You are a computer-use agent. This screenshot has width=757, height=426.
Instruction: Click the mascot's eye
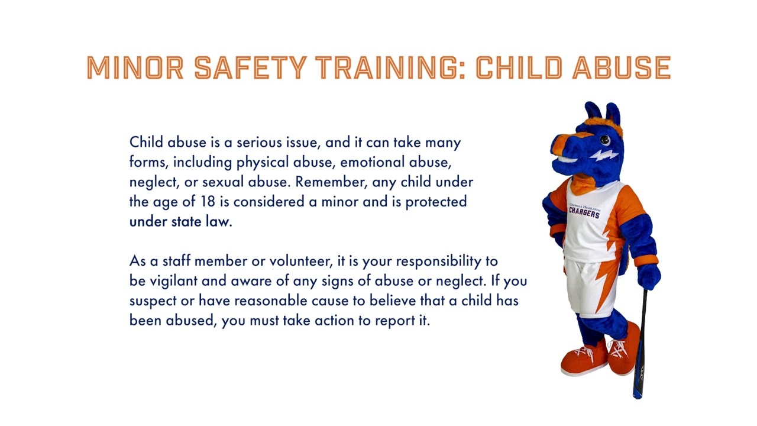pyautogui.click(x=604, y=140)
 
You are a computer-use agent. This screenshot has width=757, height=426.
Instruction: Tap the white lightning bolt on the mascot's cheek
pyautogui.click(x=603, y=156)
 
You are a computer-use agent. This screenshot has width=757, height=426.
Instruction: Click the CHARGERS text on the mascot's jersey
pyautogui.click(x=584, y=212)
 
